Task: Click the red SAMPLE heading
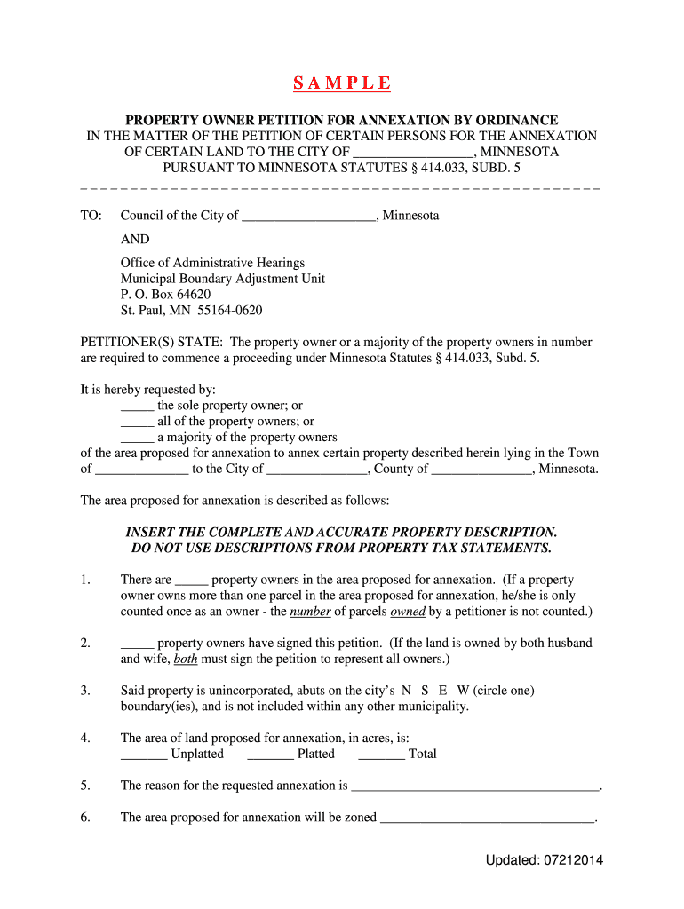(342, 84)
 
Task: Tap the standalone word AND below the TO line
(135, 239)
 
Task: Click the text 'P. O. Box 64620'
(165, 295)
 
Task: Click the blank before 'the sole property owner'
(137, 407)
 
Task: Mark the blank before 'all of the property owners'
(137, 423)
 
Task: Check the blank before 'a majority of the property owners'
(137, 439)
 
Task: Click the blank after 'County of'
(481, 470)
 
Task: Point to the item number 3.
(85, 690)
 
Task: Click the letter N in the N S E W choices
(406, 690)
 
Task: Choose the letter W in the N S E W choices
(463, 690)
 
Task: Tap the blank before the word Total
(381, 755)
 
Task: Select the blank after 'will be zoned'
(487, 818)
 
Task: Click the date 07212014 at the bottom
(577, 860)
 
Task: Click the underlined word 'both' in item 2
(186, 659)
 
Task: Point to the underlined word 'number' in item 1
(311, 612)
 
